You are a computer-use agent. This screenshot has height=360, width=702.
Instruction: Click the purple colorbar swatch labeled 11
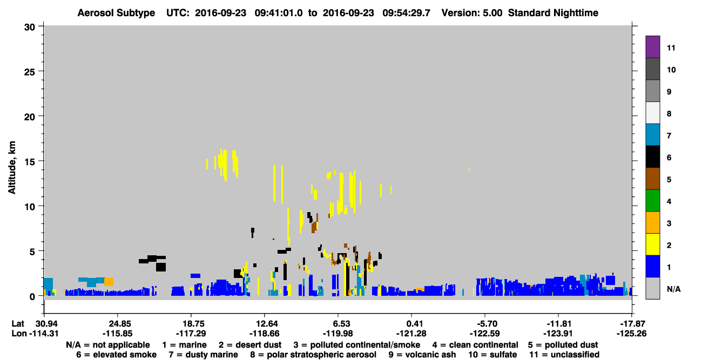[x=653, y=47]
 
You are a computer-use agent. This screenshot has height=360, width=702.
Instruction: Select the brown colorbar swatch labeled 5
[x=653, y=179]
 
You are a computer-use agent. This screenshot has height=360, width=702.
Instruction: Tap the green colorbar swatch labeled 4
[x=653, y=201]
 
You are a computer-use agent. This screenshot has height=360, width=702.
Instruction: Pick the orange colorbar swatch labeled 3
[x=653, y=222]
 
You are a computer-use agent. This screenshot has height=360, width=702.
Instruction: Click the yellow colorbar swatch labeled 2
[x=653, y=244]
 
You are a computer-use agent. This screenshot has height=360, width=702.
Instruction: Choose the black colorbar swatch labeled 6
[x=653, y=157]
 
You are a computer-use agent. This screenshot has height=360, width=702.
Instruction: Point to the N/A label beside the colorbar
[x=673, y=289]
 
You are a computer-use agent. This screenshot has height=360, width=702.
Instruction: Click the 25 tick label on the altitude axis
[x=30, y=72]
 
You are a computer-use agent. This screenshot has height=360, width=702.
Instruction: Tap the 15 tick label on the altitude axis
[x=30, y=162]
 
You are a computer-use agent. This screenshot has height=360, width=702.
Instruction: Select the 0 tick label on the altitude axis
[x=32, y=296]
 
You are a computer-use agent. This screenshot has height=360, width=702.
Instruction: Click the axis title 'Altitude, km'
[x=11, y=168]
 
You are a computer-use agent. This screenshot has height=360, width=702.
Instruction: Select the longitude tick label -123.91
[x=558, y=334]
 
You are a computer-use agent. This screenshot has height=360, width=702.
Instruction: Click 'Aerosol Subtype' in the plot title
[x=116, y=13]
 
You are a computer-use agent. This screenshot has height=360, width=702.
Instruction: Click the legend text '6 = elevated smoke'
[x=116, y=355]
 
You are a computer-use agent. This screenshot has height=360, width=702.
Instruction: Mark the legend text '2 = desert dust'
[x=250, y=345]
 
